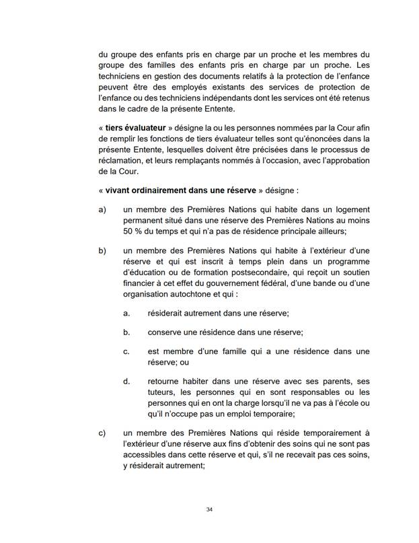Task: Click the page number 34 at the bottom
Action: click(x=209, y=509)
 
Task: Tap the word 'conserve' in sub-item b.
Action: click(x=163, y=332)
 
